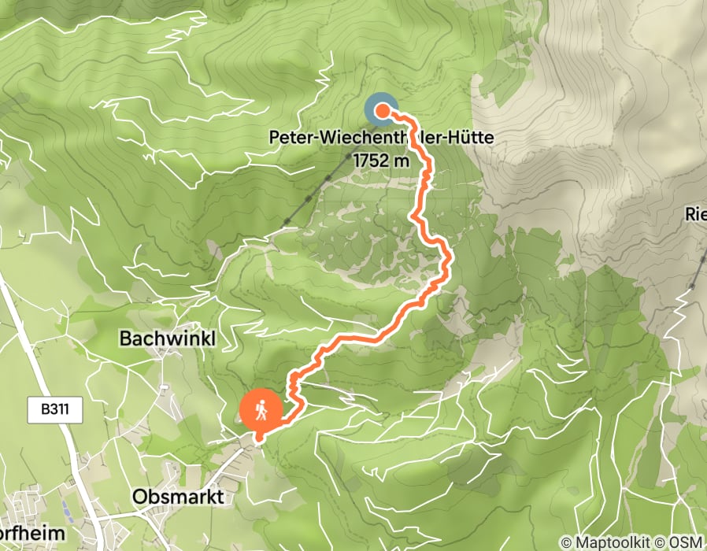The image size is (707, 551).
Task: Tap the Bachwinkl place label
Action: click(x=167, y=339)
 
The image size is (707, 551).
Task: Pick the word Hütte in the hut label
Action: click(x=469, y=138)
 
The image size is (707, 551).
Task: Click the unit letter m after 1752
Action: click(x=403, y=161)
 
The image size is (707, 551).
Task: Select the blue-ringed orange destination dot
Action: click(x=381, y=111)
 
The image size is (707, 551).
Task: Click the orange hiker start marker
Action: click(x=261, y=409)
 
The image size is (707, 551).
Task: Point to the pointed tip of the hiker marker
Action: click(x=259, y=435)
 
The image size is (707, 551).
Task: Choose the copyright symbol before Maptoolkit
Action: click(x=566, y=542)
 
